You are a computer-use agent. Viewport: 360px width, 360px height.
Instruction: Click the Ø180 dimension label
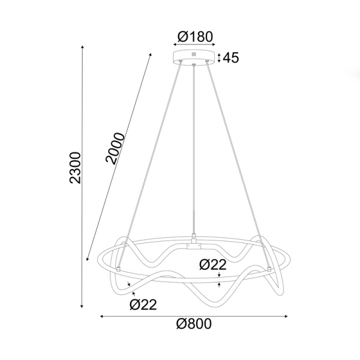tap(194, 37)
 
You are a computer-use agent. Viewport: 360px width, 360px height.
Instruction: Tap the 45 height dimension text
tap(232, 58)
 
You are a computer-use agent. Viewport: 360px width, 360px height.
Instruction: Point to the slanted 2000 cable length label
tap(116, 148)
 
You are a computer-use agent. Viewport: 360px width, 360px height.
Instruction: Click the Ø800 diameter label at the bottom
tap(194, 325)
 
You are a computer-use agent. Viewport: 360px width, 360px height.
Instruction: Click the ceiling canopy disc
tap(194, 58)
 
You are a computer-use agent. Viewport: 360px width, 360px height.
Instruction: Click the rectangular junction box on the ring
tap(194, 245)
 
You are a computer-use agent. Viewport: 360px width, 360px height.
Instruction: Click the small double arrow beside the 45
tap(220, 58)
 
